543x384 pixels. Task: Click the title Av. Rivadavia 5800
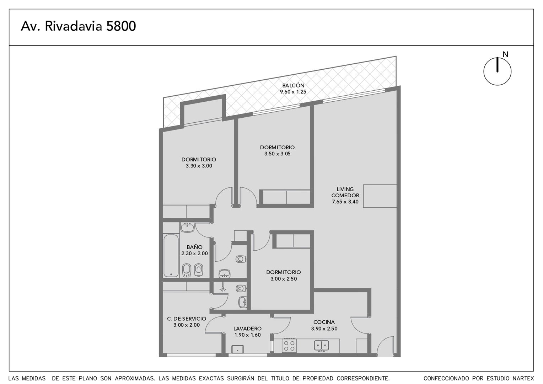[78, 26]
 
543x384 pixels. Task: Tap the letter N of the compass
[505, 55]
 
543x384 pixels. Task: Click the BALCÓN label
[293, 85]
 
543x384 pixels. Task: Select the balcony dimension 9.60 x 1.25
[293, 92]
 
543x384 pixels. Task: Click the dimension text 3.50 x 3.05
[277, 154]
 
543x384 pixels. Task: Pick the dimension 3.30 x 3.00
[199, 166]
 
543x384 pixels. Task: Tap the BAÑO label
[194, 247]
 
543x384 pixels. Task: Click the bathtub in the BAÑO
[171, 256]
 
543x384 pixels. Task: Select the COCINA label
[324, 322]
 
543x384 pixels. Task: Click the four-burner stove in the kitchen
[289, 346]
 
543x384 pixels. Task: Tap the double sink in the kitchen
[322, 346]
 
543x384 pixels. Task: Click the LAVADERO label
[247, 329]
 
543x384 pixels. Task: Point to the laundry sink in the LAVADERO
[237, 349]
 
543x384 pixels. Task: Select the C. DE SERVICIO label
[187, 319]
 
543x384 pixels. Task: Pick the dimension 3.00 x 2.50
[284, 279]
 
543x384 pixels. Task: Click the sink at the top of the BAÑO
[187, 228]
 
